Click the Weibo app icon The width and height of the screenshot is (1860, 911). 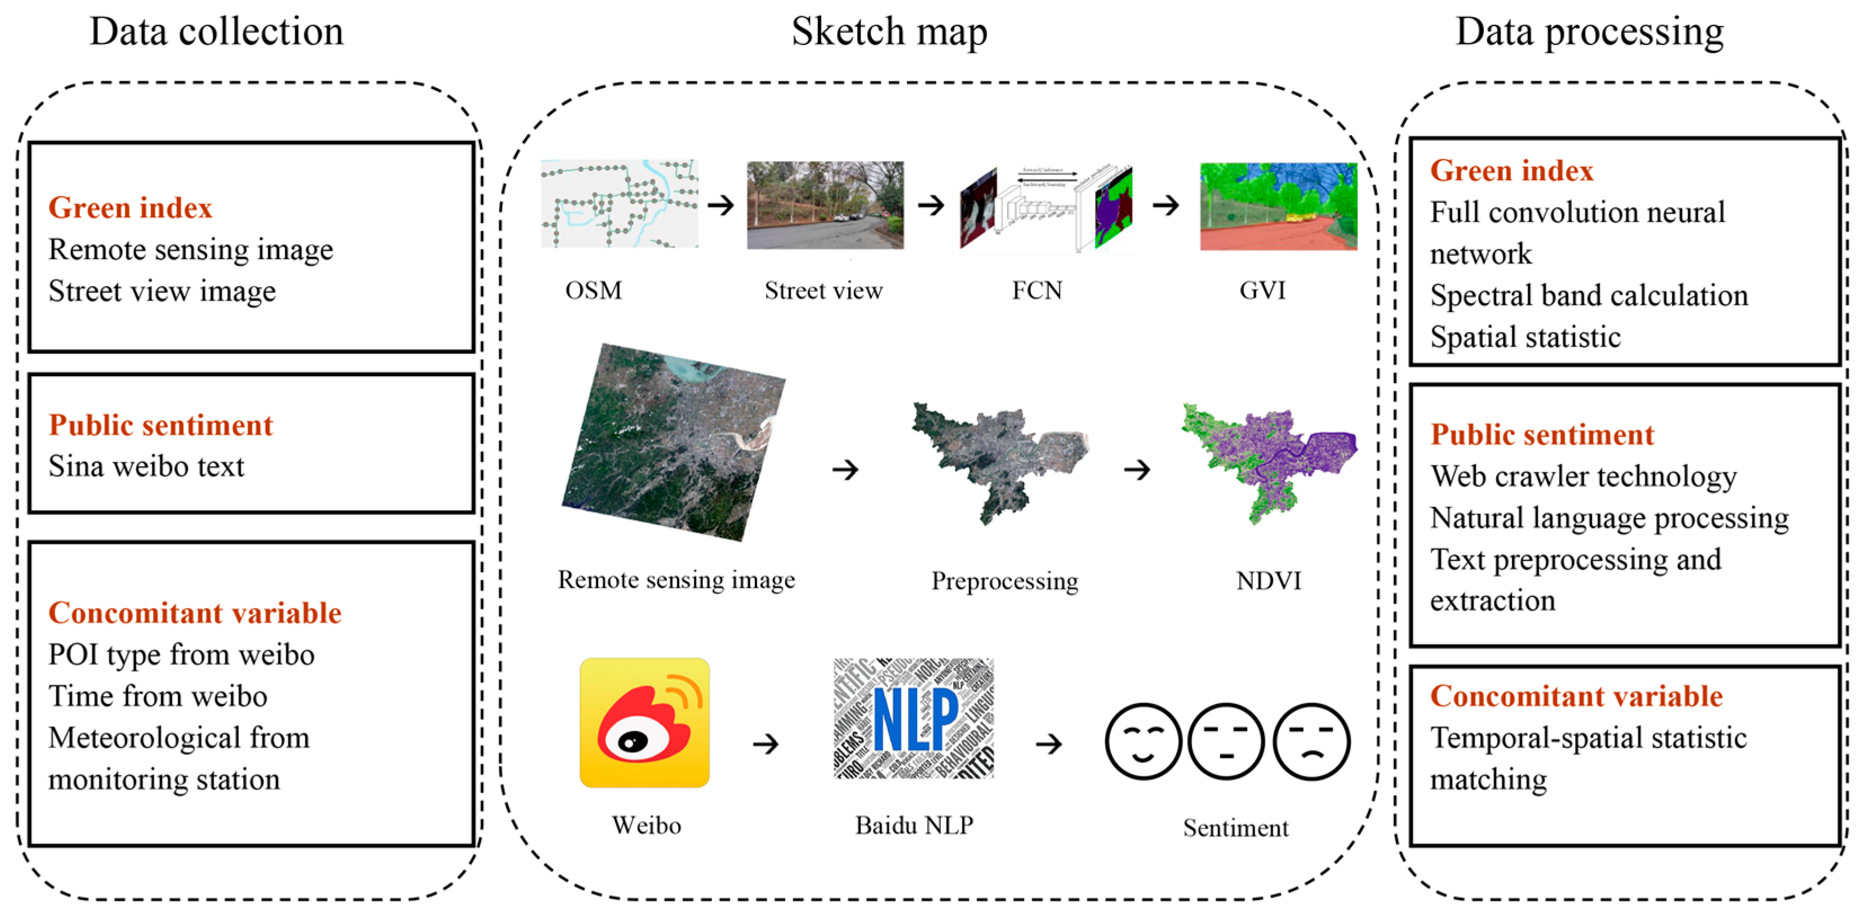tap(644, 722)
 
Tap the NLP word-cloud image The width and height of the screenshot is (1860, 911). tap(914, 718)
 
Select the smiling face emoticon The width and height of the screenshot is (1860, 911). tap(1143, 742)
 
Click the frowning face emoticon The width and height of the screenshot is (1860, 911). tap(1311, 742)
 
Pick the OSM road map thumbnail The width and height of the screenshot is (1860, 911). tap(620, 204)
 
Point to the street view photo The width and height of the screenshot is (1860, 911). tap(825, 206)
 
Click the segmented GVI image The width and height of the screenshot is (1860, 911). tap(1278, 207)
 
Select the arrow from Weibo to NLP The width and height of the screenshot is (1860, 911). tap(766, 744)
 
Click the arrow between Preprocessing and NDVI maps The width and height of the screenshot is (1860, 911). tap(1137, 470)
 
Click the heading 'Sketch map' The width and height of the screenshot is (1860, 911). tap(889, 32)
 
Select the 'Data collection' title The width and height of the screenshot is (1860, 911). tap(217, 32)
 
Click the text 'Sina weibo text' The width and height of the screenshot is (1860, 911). tap(146, 466)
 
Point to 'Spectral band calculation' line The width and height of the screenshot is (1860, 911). tap(1588, 295)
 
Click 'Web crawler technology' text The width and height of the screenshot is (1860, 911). tap(1583, 476)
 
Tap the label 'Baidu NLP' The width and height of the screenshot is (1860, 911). tap(914, 824)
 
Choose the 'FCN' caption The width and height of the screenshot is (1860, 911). tap(1037, 290)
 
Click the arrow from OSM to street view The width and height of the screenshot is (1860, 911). tap(720, 206)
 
